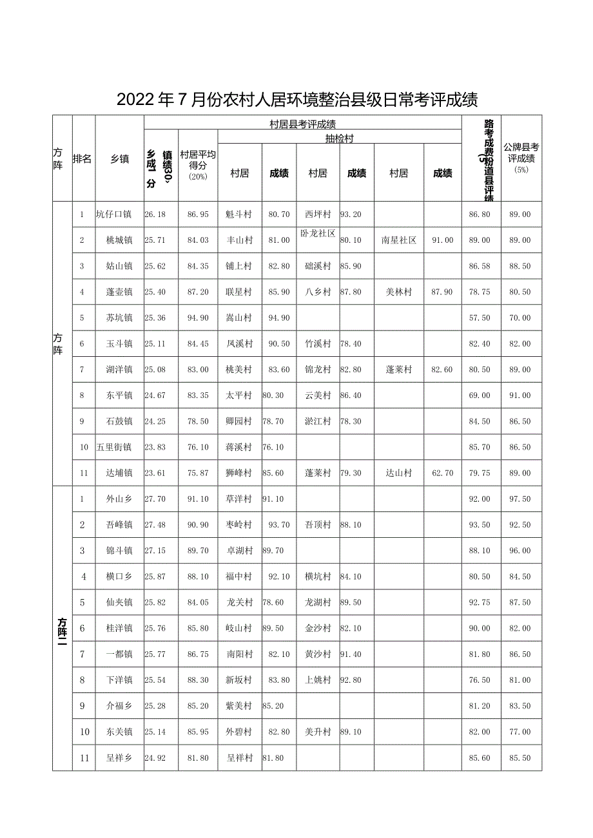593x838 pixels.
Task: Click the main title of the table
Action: pos(296,99)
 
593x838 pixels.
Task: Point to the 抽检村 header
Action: pos(339,137)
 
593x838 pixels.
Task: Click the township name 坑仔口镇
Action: pos(113,214)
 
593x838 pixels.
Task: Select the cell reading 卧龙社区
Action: pos(318,233)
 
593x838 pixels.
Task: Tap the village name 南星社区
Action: pos(398,240)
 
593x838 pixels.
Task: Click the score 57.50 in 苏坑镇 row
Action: pos(480,318)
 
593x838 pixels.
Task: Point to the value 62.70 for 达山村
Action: pos(442,473)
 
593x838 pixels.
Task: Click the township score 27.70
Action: pos(156,499)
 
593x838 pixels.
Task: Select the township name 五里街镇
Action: pos(113,448)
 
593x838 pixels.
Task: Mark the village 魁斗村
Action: pos(239,214)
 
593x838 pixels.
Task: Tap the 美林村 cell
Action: pos(398,292)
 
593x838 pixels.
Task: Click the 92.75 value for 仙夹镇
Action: pos(480,603)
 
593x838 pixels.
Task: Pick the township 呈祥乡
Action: pos(119,758)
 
